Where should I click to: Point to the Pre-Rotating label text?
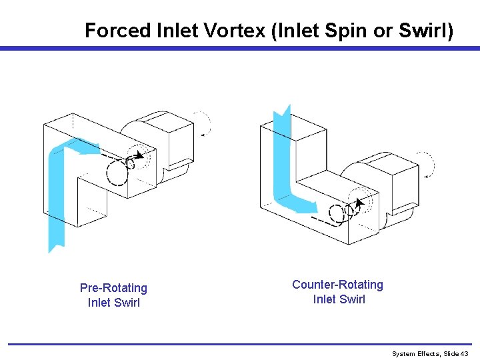pos(113,288)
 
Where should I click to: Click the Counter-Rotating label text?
pos(337,285)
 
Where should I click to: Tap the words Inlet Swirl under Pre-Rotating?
pos(113,303)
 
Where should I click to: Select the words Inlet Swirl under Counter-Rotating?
pos(339,299)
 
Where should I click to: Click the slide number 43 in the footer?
pos(464,353)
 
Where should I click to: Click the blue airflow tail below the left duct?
pos(56,230)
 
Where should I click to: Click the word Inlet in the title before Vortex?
pos(177,31)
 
